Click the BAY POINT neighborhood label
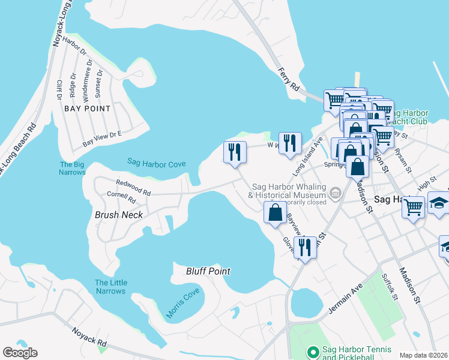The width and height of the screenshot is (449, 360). click(x=88, y=109)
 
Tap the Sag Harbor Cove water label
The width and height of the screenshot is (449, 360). click(x=155, y=163)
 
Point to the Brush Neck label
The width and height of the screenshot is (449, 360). click(x=119, y=214)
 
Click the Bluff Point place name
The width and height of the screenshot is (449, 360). click(x=208, y=271)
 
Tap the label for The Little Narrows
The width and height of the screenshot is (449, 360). click(x=110, y=287)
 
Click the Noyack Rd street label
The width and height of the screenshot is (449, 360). click(x=89, y=335)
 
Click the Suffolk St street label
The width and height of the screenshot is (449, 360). click(x=390, y=287)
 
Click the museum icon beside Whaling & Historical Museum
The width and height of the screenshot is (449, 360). click(x=335, y=193)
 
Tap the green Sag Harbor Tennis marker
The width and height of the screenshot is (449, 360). click(x=312, y=351)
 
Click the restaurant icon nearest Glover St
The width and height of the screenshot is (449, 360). click(x=305, y=247)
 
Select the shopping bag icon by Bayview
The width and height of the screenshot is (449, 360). click(x=275, y=212)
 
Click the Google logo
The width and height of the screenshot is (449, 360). click(x=20, y=353)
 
